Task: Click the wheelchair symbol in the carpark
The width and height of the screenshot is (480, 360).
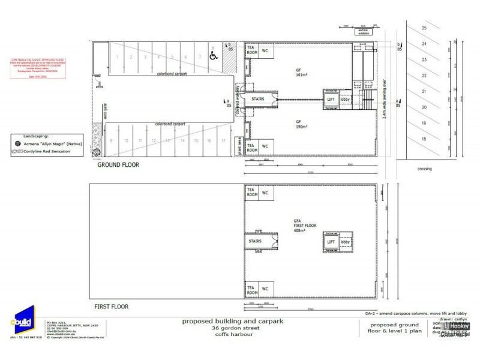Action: [214, 57]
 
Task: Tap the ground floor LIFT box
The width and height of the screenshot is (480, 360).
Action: [330, 100]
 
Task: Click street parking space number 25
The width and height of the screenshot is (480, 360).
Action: [424, 28]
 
